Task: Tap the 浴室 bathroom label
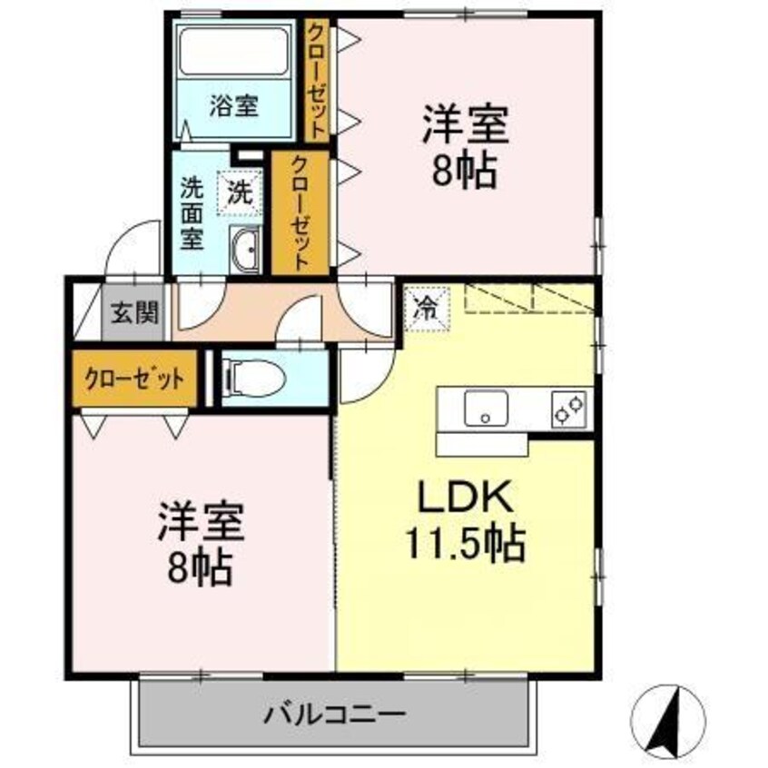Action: (234, 106)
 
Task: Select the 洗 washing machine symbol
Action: (240, 192)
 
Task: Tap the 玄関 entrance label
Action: (135, 313)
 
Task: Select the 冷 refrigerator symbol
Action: (425, 306)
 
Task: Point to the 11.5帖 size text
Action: (466, 544)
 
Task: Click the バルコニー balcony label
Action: (334, 714)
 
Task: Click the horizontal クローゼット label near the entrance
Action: (135, 377)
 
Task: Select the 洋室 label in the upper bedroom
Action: (463, 125)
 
